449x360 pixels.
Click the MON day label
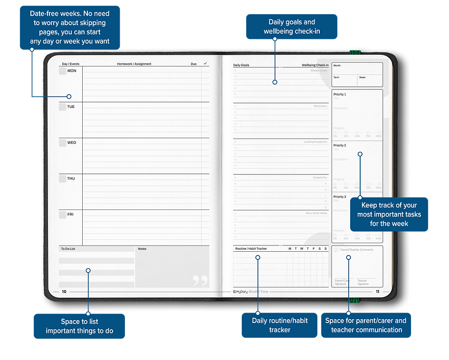(71, 71)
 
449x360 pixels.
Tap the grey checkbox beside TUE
(62, 107)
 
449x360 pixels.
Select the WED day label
(71, 142)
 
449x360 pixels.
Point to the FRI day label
(70, 215)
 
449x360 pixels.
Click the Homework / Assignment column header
(134, 64)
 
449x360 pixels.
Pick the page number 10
(64, 292)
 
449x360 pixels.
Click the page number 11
(377, 291)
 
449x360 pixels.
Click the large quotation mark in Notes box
(201, 281)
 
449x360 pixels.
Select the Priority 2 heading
(340, 145)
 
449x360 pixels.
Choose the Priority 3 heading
(340, 197)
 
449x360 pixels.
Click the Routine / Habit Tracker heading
(251, 249)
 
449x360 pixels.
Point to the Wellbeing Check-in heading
(315, 65)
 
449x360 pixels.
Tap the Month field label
(337, 66)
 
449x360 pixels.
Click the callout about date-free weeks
(70, 27)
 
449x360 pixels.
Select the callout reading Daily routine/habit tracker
(279, 325)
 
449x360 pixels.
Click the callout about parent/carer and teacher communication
(366, 325)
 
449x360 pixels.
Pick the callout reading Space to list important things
(79, 326)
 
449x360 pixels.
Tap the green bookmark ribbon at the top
(354, 51)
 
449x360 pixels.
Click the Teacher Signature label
(363, 282)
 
